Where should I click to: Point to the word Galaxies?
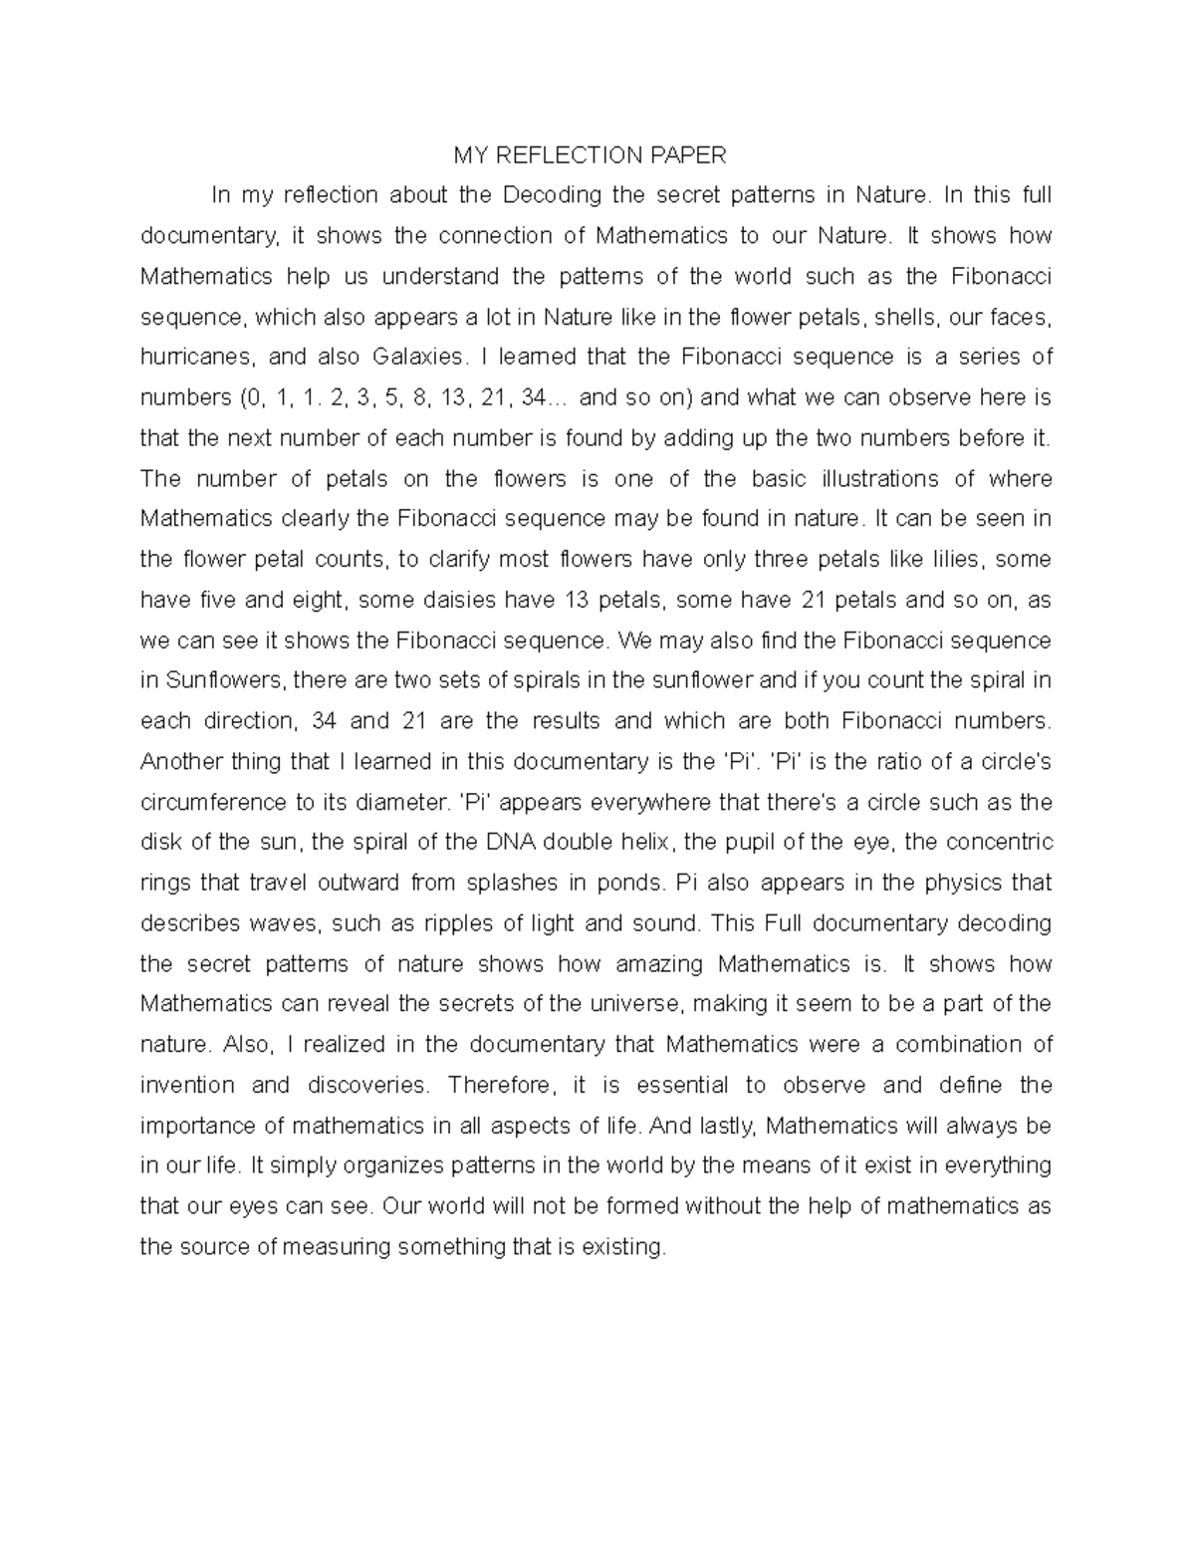click(418, 357)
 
